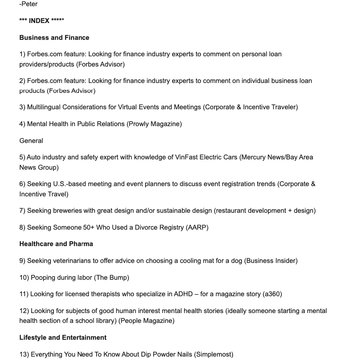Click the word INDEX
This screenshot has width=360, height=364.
tap(39, 21)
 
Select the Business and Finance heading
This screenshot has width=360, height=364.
tap(54, 37)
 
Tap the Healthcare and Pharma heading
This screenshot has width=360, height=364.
tap(56, 244)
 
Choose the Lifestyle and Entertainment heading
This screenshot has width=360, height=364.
tap(63, 337)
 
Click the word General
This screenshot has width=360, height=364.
tap(31, 141)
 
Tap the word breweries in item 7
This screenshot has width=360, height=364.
tap(68, 210)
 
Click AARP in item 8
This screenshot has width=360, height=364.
tap(197, 227)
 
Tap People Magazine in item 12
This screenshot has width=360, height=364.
tap(146, 320)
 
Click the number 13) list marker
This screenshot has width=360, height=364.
tap(24, 354)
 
